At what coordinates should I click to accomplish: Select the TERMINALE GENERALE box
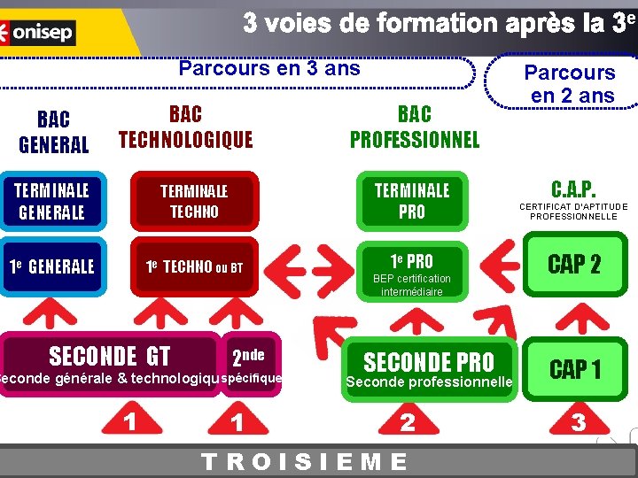52,201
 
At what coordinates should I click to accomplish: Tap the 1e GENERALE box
52,266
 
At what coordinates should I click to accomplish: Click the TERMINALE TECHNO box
194,201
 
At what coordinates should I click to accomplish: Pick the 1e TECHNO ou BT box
194,266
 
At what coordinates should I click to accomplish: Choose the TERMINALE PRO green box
411,201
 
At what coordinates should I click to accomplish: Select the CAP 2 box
574,263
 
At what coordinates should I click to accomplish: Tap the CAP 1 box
574,369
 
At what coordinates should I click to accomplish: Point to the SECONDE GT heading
109,357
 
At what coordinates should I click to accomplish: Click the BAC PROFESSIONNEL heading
414,127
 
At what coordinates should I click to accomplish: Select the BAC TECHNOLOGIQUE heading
185,127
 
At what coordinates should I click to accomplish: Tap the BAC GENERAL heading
53,132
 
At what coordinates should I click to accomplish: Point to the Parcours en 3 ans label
269,68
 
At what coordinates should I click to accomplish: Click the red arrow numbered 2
407,420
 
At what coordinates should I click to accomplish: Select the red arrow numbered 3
578,420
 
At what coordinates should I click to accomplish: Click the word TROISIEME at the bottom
305,462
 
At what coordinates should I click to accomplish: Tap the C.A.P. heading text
573,189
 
